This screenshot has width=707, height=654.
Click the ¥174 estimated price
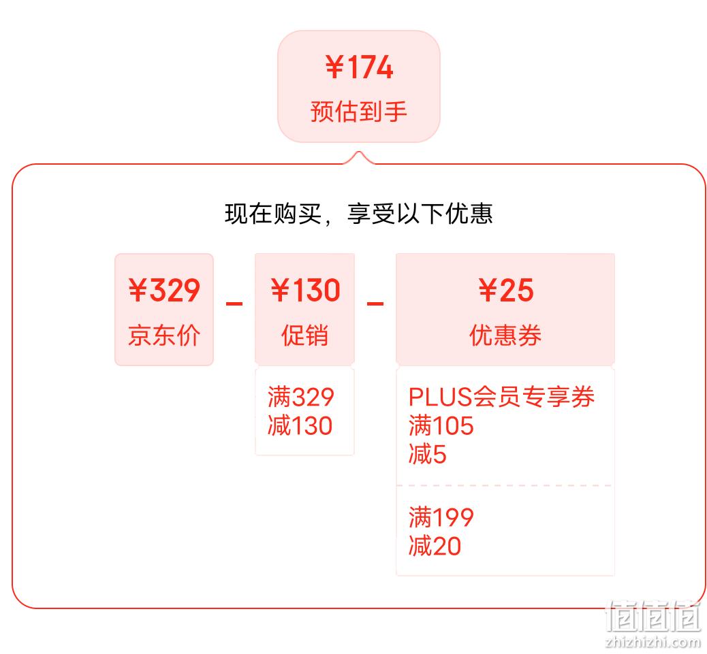pyautogui.click(x=359, y=67)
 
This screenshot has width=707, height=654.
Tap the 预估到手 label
pyautogui.click(x=359, y=111)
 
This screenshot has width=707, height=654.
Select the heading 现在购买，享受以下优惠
pyautogui.click(x=358, y=214)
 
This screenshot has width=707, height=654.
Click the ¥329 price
pyautogui.click(x=164, y=290)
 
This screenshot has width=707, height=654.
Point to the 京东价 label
pyautogui.click(x=164, y=335)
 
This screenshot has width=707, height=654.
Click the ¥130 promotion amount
pyautogui.click(x=305, y=290)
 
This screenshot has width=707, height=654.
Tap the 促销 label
pyautogui.click(x=305, y=335)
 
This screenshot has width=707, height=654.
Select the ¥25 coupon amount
pyautogui.click(x=506, y=290)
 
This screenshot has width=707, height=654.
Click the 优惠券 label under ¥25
pyautogui.click(x=505, y=335)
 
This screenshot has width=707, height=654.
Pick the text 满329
pyautogui.click(x=301, y=397)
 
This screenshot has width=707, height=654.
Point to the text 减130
pyautogui.click(x=300, y=425)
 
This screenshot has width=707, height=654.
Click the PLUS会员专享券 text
pyautogui.click(x=501, y=397)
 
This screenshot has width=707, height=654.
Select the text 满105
pyautogui.click(x=441, y=425)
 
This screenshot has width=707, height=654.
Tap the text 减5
pyautogui.click(x=428, y=454)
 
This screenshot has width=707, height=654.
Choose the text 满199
pyautogui.click(x=441, y=517)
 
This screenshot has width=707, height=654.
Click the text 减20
pyautogui.click(x=435, y=546)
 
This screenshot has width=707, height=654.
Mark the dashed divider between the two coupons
pyautogui.click(x=505, y=485)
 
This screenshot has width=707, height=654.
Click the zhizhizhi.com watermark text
pyautogui.click(x=653, y=641)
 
